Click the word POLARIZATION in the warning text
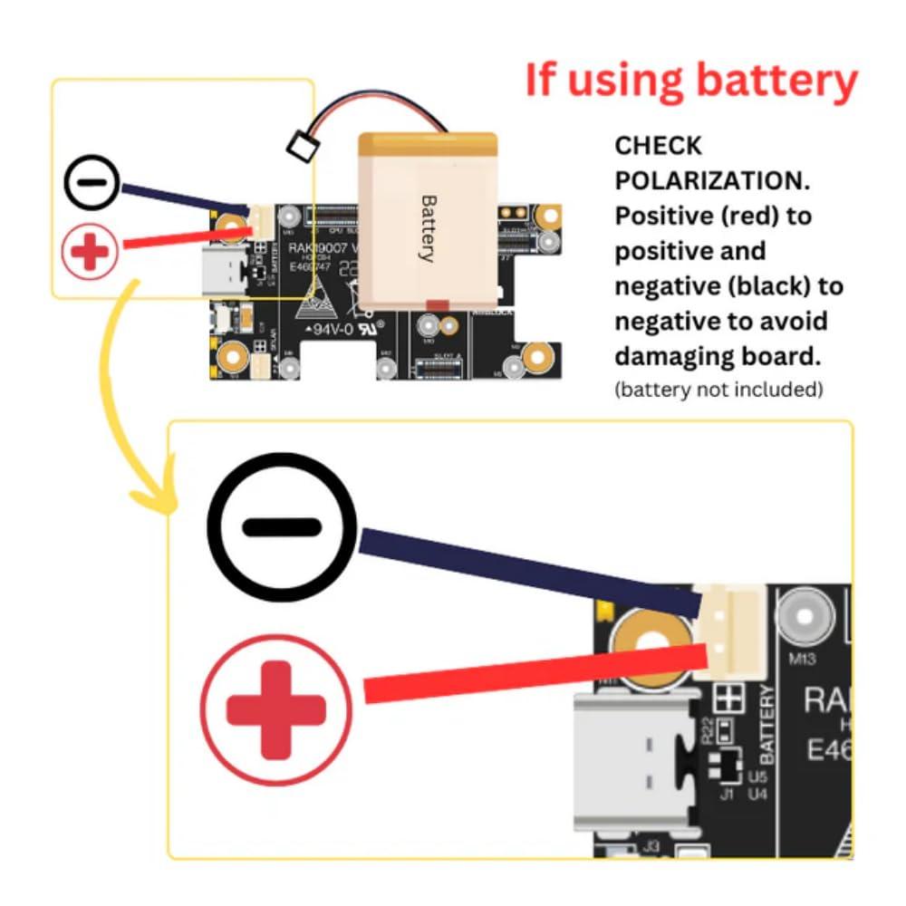[710, 180]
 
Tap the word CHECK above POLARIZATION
[659, 146]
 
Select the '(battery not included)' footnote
[718, 390]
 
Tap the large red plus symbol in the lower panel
[275, 709]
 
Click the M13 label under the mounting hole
[802, 659]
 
